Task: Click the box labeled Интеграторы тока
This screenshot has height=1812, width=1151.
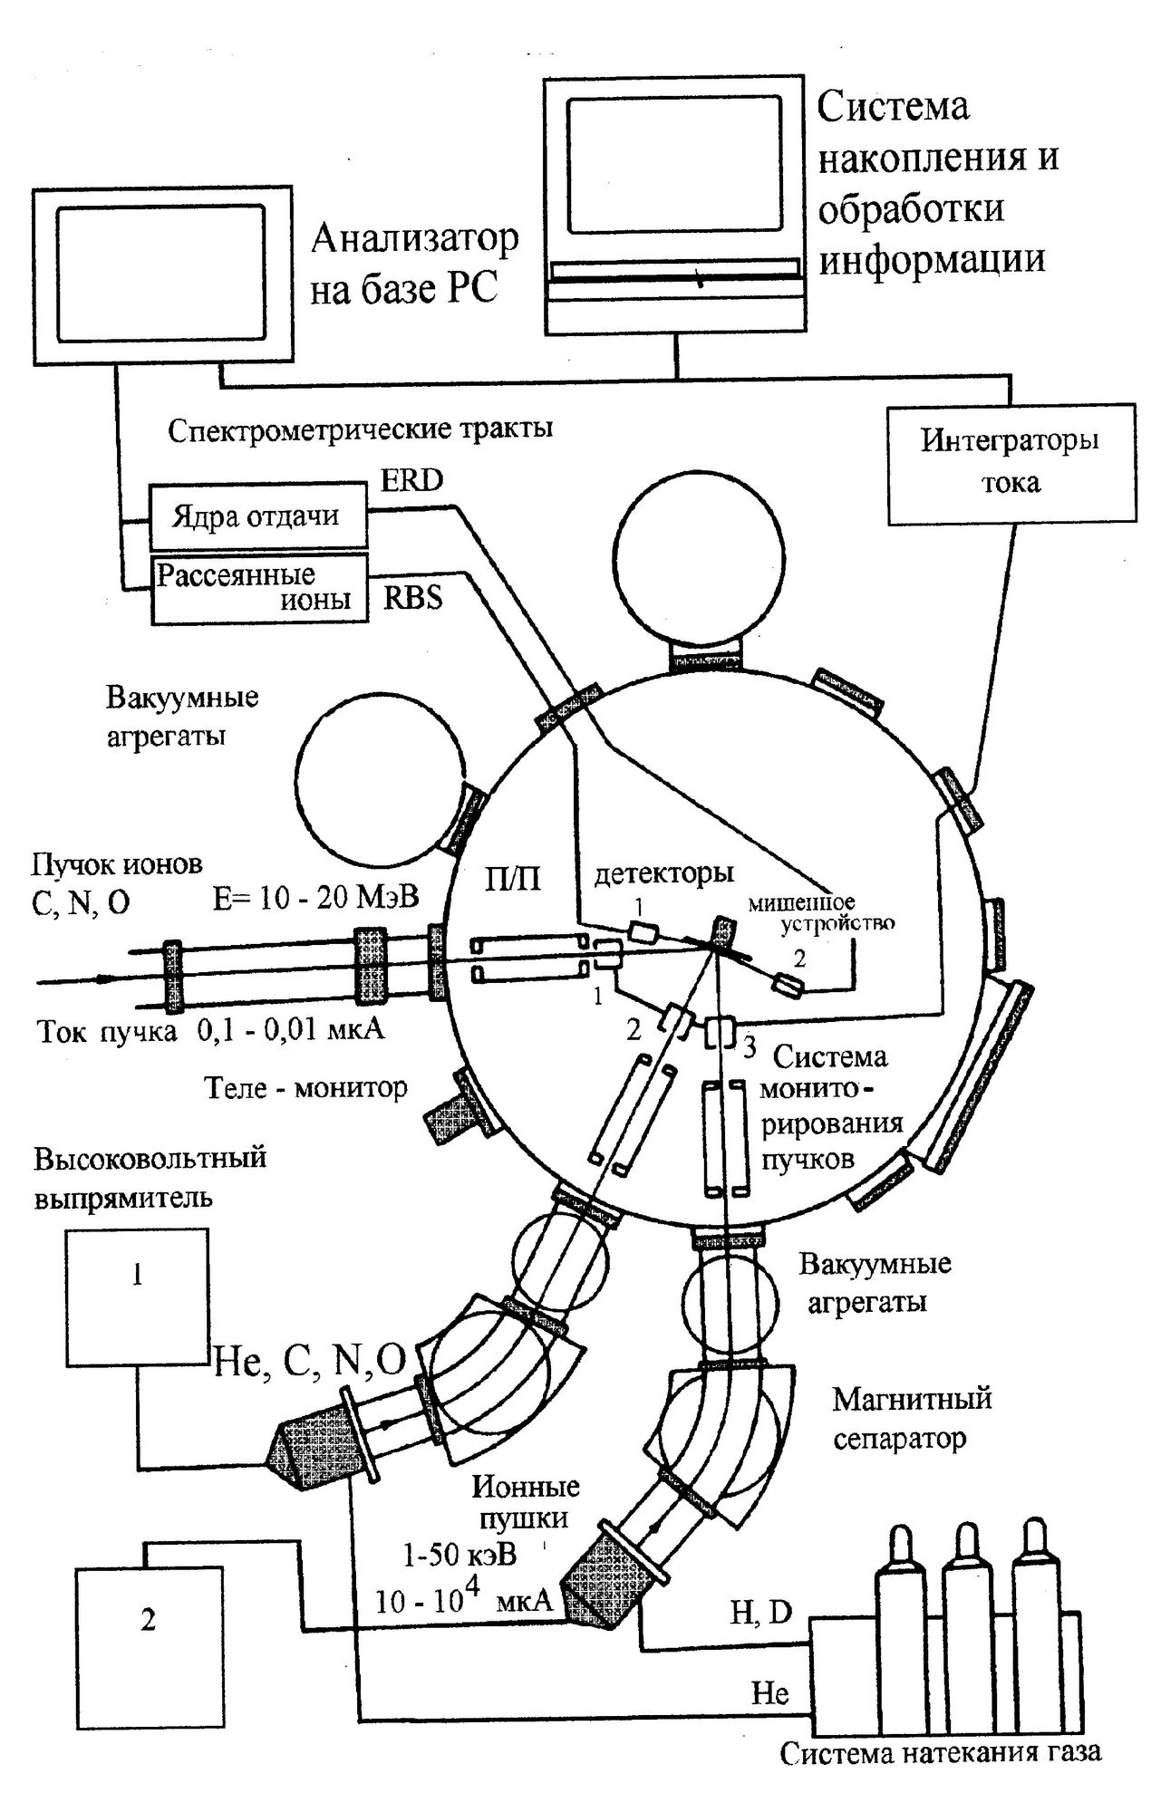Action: (1011, 463)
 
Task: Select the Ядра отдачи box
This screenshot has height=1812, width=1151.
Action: (258, 516)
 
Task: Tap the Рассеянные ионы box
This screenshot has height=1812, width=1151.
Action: (258, 587)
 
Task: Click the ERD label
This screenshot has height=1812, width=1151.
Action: (411, 480)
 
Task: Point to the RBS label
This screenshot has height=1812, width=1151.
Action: (412, 598)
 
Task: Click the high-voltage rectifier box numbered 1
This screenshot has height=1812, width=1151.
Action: (136, 1296)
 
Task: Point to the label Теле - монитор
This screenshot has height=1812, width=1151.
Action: (305, 1087)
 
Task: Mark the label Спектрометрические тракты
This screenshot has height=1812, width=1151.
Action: (360, 429)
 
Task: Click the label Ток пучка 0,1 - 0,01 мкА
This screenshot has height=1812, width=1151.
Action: (210, 1031)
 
